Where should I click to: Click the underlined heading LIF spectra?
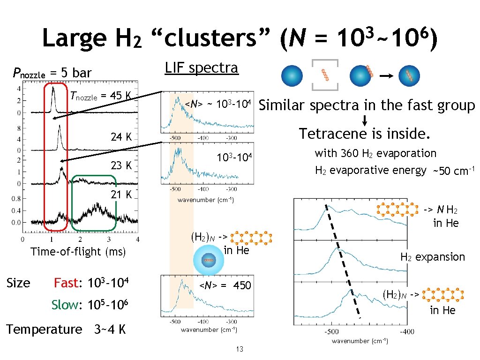pos(201,67)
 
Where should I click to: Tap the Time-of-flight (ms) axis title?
pos(78,252)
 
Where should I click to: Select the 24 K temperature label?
pos(121,137)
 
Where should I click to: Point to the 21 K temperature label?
pos(121,195)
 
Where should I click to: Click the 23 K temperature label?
pos(121,166)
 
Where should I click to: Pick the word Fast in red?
pos(65,283)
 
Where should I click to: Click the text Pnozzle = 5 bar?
pos(52,73)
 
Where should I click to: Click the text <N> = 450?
pos(225,285)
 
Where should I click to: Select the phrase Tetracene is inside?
pos(365,134)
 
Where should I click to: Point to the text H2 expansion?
pos(432,257)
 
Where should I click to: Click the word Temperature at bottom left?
pos(44,330)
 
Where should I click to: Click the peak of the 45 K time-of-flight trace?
pos(53,87)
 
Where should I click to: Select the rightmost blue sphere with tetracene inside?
pos(409,75)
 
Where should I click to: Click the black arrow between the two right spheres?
pos(385,75)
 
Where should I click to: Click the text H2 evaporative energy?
pos(370,170)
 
